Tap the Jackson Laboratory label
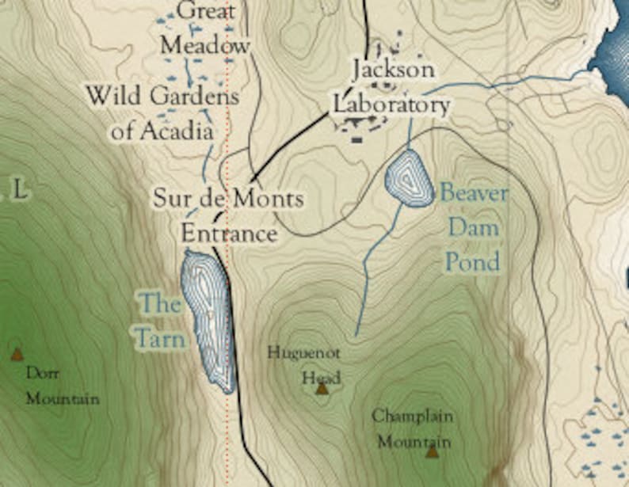tap(391, 86)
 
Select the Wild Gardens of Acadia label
tap(162, 113)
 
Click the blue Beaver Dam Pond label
tap(474, 227)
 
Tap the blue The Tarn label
tap(162, 321)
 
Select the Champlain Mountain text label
tap(413, 428)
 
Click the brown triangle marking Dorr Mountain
tap(17, 355)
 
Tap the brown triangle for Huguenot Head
tap(322, 388)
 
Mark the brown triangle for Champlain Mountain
tap(432, 451)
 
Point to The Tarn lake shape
tap(208, 317)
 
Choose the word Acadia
tap(176, 131)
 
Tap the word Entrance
tap(229, 234)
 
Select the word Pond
tap(473, 261)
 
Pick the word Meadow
tap(204, 45)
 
